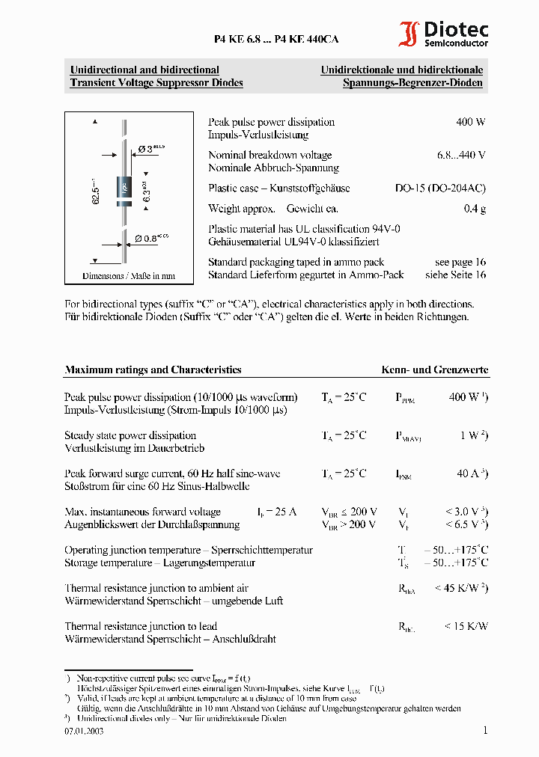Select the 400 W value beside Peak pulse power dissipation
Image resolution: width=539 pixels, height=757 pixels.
click(470, 122)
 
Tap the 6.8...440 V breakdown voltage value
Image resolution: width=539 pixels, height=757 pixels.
click(461, 155)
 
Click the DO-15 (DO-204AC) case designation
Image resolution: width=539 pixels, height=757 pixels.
click(440, 189)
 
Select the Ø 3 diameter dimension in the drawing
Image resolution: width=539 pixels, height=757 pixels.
click(150, 149)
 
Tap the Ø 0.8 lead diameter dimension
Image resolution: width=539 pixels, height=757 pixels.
click(151, 239)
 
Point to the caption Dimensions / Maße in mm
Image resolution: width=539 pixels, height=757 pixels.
click(129, 276)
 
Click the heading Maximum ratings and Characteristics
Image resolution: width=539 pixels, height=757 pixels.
click(153, 370)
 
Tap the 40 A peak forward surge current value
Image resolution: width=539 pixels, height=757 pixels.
click(472, 473)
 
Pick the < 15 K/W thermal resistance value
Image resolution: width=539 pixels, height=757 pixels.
click(466, 626)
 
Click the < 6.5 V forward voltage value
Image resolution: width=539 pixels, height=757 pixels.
click(466, 524)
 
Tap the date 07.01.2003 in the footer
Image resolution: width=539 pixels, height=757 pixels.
click(84, 731)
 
